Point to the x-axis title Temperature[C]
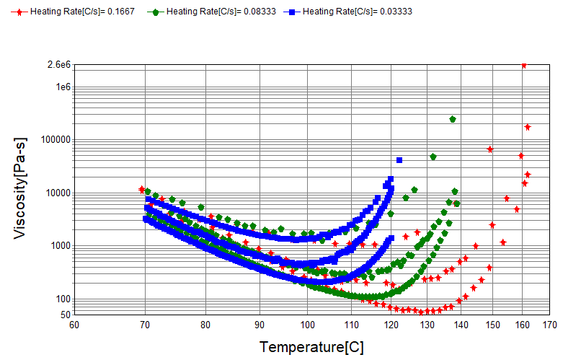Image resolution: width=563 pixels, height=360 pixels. tap(311, 347)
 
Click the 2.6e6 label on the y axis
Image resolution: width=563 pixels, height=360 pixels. tap(58, 65)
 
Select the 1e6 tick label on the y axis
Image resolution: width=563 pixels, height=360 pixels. tap(62, 87)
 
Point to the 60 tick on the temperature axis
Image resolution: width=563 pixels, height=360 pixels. tap(74, 325)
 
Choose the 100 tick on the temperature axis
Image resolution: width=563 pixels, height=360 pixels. tap(307, 325)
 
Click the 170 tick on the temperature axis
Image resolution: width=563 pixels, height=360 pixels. tap(551, 325)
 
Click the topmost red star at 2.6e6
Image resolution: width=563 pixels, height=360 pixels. tap(524, 65)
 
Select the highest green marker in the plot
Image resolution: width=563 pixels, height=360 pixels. tap(453, 119)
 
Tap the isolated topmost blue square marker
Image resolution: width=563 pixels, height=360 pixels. tap(399, 159)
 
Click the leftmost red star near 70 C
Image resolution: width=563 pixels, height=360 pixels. tap(142, 189)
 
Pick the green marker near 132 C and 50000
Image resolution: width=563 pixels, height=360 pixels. tap(433, 157)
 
